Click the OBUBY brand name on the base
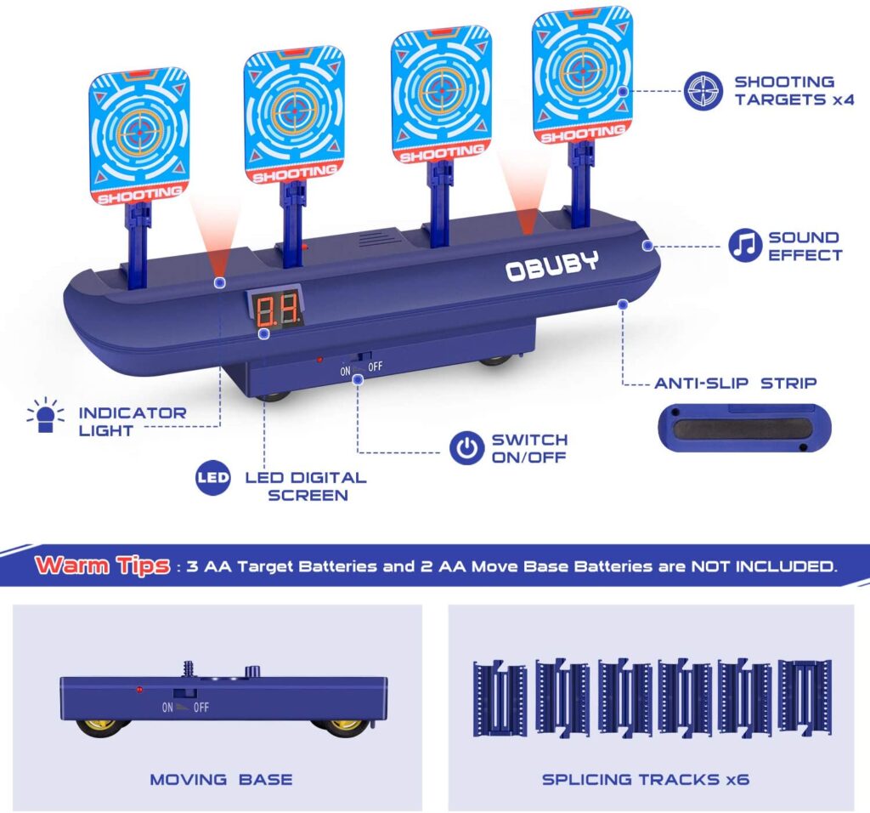point(551,267)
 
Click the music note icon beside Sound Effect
point(745,246)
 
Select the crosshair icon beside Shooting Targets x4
point(703,91)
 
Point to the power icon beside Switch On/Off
point(466,448)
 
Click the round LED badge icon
point(212,478)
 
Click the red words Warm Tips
point(103,566)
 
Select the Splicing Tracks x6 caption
point(646,779)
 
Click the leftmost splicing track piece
point(499,698)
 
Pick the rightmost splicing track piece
point(804,696)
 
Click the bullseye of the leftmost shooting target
point(137,132)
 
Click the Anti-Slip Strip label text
point(735,384)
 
